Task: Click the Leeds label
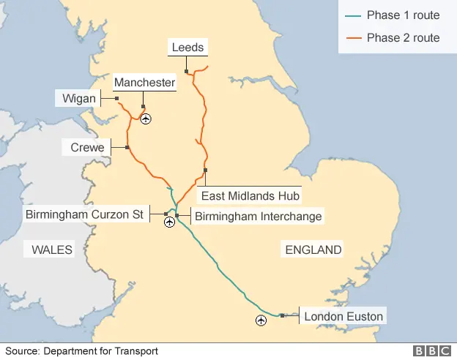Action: tap(187, 48)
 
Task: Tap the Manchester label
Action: tap(144, 83)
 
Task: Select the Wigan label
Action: tap(78, 97)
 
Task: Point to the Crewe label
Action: tap(87, 148)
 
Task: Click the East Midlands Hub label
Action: tap(250, 196)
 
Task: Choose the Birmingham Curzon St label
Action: tap(84, 215)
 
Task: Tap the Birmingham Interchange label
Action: tap(258, 216)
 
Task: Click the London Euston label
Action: tap(343, 317)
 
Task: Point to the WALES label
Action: tap(52, 250)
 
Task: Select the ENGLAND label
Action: tap(313, 250)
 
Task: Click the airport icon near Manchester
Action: tap(146, 119)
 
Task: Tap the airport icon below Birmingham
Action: tap(170, 222)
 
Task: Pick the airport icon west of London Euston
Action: tap(261, 320)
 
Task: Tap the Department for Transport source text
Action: tap(100, 351)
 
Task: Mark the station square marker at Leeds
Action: tap(187, 71)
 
